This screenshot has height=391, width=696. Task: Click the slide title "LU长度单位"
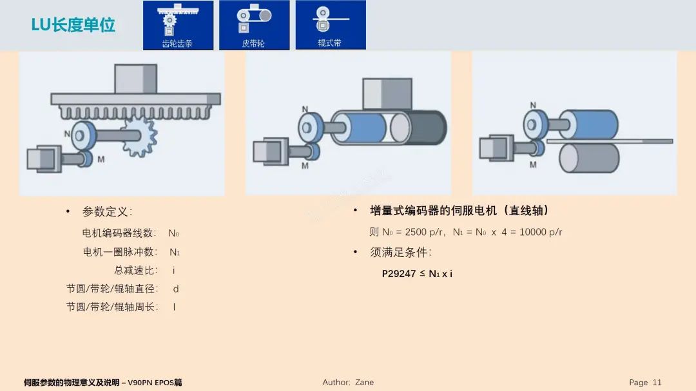[73, 25]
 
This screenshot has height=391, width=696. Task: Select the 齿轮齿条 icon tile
[178, 25]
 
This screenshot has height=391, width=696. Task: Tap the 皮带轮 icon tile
[254, 25]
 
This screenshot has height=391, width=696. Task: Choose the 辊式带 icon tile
[330, 25]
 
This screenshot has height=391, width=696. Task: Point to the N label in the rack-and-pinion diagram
[67, 134]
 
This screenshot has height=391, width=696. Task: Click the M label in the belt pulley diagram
[304, 166]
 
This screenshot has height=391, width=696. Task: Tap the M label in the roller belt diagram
[533, 164]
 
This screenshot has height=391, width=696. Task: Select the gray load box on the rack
[135, 79]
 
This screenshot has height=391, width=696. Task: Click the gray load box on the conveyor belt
[383, 94]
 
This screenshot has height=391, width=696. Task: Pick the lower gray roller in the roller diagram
[588, 158]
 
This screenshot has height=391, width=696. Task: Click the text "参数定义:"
[107, 212]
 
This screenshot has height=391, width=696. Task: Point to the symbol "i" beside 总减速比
[174, 271]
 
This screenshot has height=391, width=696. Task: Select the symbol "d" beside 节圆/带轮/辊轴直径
[176, 289]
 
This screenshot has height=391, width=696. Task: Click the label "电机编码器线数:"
[119, 233]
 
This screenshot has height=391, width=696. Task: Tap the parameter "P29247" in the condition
[399, 274]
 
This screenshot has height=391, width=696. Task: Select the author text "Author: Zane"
[348, 382]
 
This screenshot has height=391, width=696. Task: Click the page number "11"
[657, 382]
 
